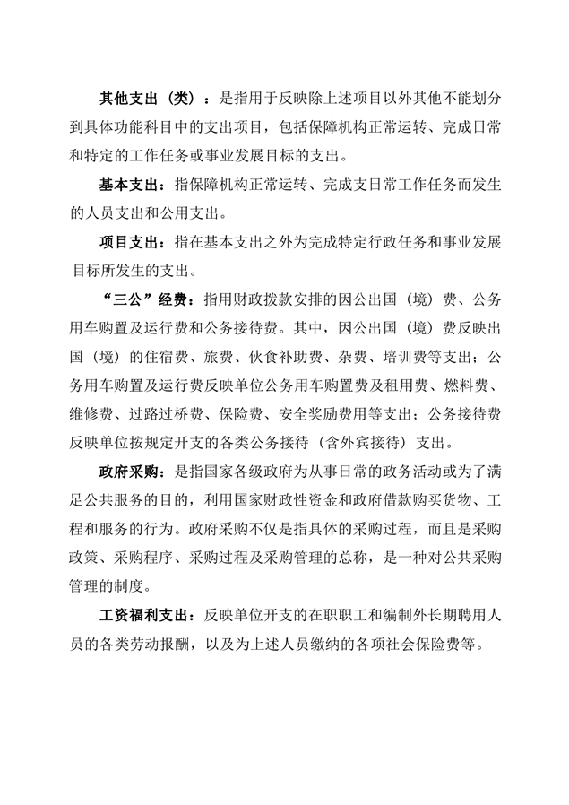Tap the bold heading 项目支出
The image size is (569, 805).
[126, 241]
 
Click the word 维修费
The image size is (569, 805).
[99, 413]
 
